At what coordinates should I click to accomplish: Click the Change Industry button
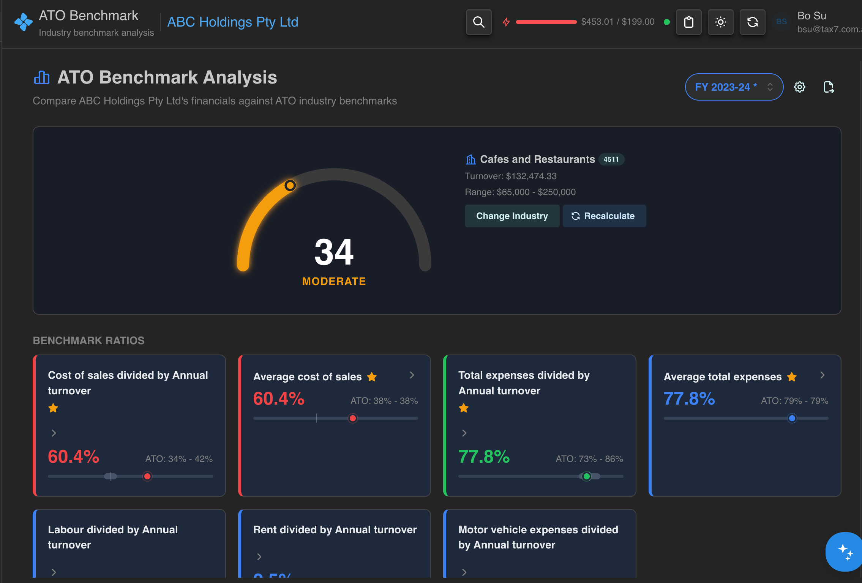[x=512, y=216]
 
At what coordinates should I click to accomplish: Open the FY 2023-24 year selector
[x=733, y=87]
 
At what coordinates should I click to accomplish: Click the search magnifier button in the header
[x=478, y=22]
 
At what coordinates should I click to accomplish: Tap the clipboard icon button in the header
[x=688, y=22]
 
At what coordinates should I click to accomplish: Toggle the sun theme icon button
[x=720, y=22]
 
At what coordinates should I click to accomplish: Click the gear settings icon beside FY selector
[x=799, y=87]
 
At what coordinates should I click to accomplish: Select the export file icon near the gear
[x=829, y=87]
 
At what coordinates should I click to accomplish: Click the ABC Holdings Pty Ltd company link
[x=232, y=22]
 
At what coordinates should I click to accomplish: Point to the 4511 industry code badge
[x=611, y=159]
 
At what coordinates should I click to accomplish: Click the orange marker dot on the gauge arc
[x=290, y=185]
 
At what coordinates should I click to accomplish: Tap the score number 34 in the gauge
[x=334, y=252]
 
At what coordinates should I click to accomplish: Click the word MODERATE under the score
[x=334, y=281]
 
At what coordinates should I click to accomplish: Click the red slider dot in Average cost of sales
[x=353, y=418]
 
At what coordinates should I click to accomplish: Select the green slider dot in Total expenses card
[x=587, y=476]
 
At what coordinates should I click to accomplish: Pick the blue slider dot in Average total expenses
[x=792, y=418]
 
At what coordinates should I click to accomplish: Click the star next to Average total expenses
[x=792, y=377]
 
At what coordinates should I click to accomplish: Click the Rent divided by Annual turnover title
[x=335, y=529]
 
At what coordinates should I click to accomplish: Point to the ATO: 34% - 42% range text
[x=179, y=459]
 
